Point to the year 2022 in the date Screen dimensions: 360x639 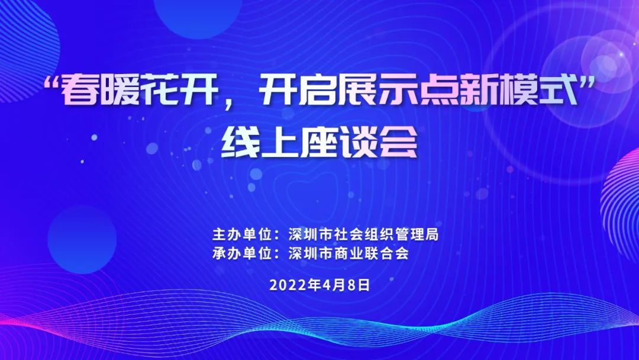288,285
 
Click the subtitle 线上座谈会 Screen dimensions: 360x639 319,143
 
